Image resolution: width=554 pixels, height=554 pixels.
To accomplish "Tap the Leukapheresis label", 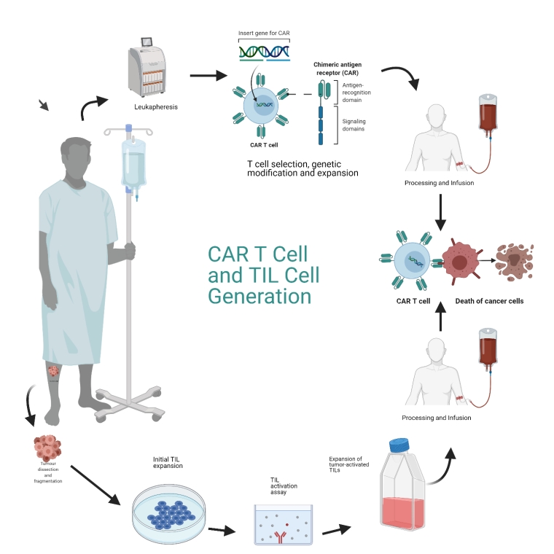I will coord(156,106).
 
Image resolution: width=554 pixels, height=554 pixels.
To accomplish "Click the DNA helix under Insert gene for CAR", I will coord(264,53).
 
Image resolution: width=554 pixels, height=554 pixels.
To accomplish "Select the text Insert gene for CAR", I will coord(264,34).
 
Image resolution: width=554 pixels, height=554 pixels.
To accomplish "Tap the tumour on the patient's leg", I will coord(53,372).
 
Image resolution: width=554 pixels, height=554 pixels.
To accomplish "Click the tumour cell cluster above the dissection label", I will coord(49,447).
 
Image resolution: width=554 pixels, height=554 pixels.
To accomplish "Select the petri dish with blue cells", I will coord(168,515).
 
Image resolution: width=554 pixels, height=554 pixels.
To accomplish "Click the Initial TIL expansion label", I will coord(168,461).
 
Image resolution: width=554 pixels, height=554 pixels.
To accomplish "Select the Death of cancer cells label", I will coord(488,301).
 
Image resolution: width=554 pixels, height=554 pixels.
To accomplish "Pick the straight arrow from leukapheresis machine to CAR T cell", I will coord(208,75).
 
